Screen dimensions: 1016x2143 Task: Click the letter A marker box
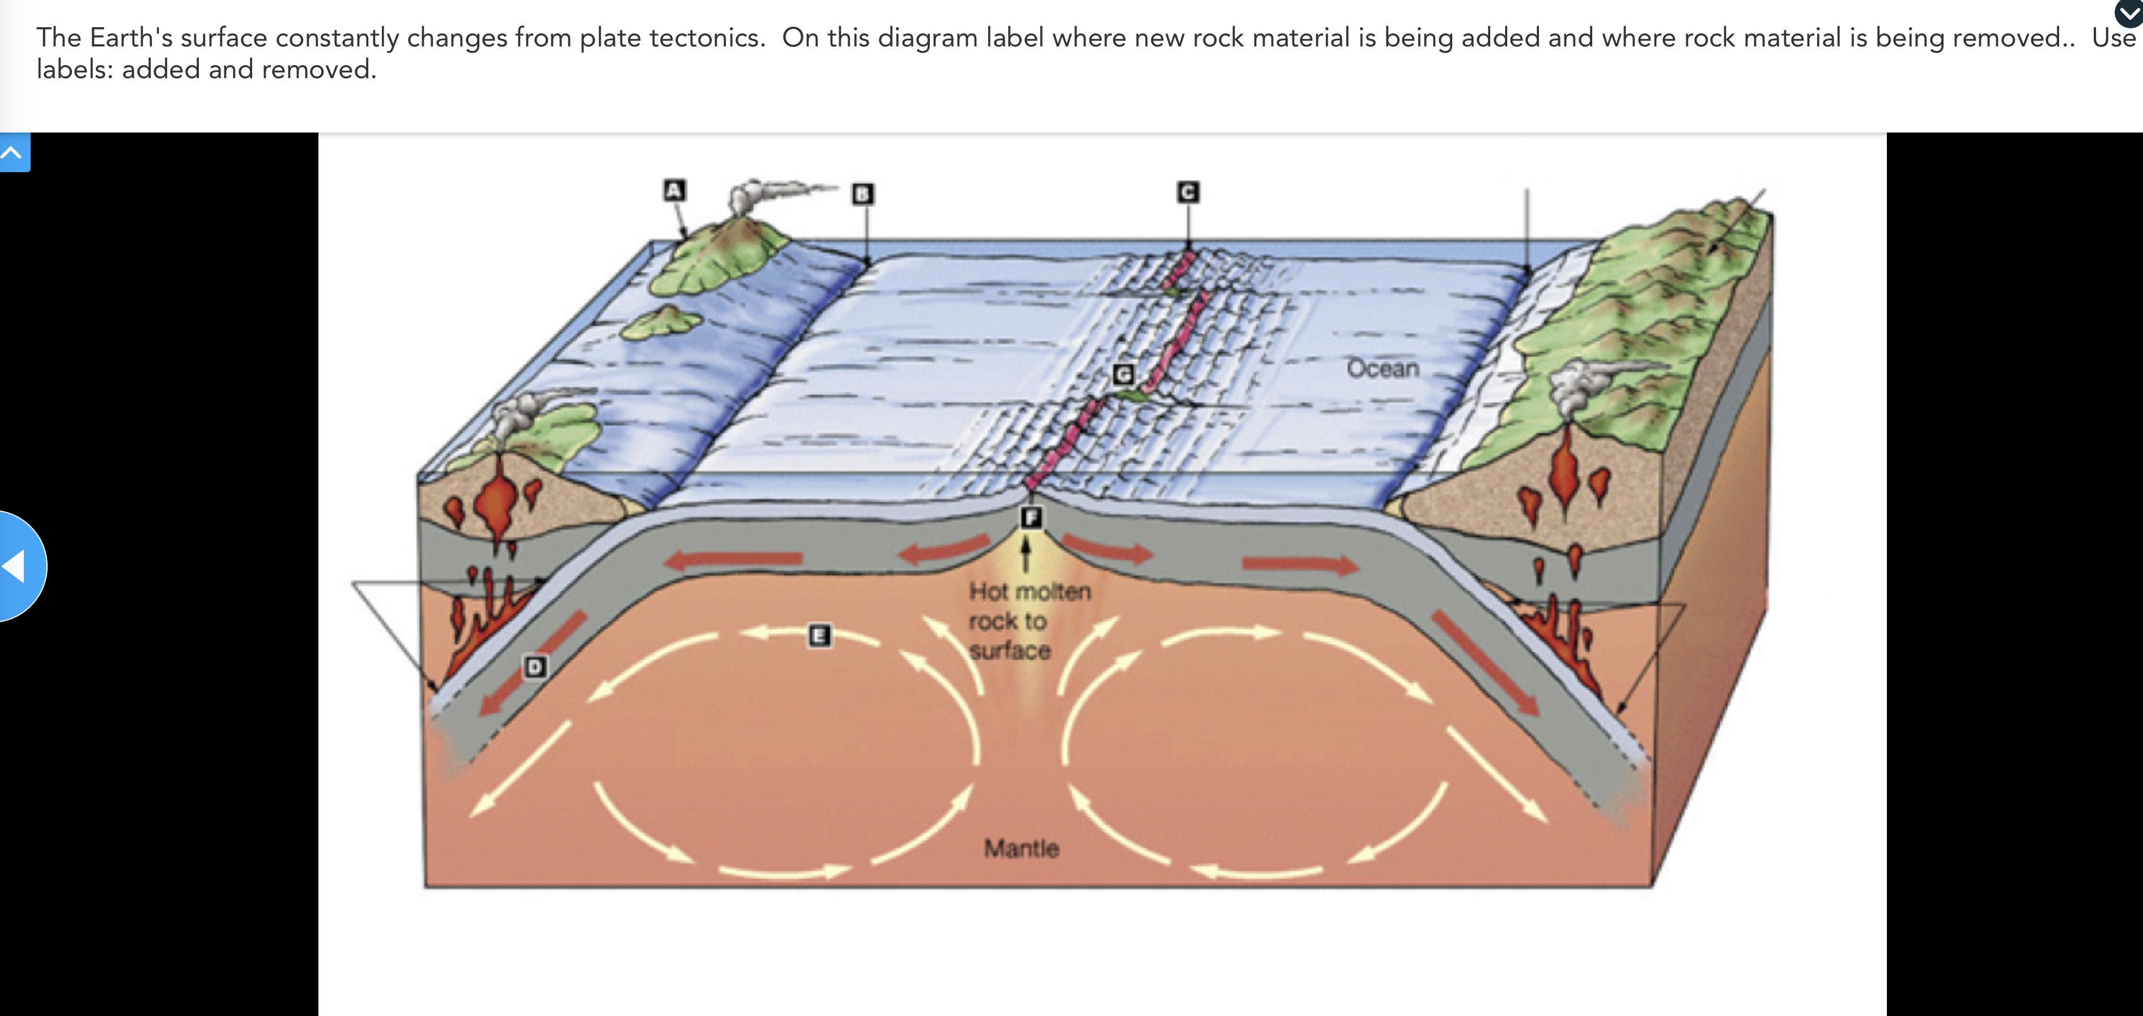click(674, 190)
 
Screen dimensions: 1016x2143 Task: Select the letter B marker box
click(862, 194)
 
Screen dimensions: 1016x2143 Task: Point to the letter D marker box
click(535, 666)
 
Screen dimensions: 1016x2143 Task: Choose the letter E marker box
click(819, 636)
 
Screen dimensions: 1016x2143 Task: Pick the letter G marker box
click(1123, 375)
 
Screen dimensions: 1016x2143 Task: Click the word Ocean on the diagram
click(1383, 368)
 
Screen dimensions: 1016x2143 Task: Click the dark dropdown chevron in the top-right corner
click(2128, 12)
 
